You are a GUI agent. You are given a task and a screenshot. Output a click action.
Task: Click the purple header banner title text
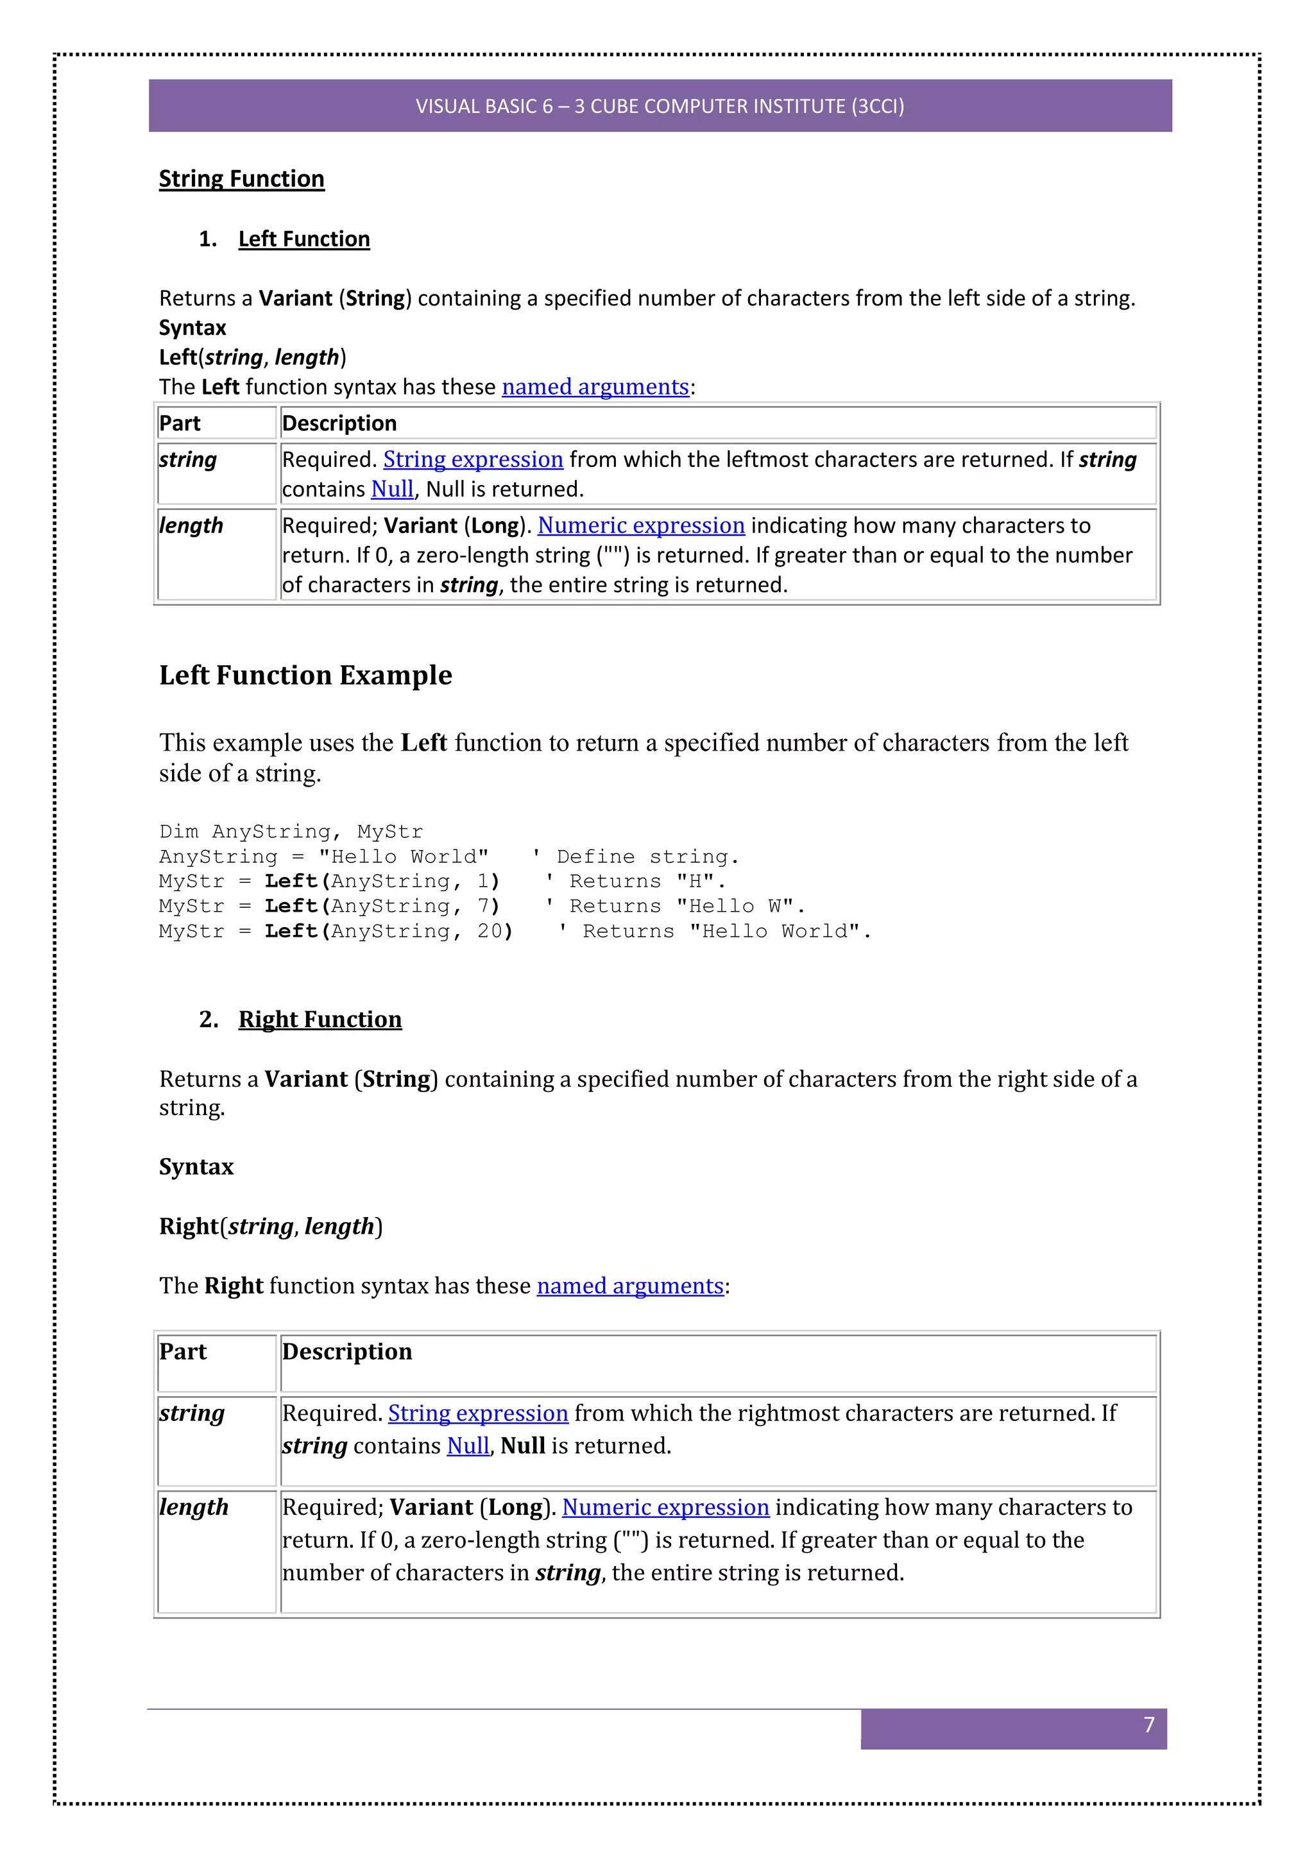click(660, 106)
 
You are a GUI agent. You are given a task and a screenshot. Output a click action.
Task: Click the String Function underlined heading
click(241, 179)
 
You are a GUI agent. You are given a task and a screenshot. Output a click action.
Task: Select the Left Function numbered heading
click(303, 239)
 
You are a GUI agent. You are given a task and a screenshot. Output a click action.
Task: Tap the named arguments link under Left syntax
click(595, 387)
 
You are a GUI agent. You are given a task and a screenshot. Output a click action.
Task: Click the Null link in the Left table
click(393, 490)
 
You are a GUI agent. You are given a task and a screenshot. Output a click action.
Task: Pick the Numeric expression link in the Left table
click(641, 526)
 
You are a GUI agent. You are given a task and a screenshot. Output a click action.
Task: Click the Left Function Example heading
click(305, 676)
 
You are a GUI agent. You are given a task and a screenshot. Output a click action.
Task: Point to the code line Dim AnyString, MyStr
click(291, 832)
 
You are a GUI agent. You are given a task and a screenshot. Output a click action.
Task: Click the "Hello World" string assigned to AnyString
click(403, 857)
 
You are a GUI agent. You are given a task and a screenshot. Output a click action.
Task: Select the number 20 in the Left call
click(490, 932)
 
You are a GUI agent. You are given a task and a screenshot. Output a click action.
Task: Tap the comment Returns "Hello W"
click(687, 907)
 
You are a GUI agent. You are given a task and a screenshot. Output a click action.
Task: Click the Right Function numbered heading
click(320, 1019)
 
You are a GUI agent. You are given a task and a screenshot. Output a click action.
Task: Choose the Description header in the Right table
click(346, 1352)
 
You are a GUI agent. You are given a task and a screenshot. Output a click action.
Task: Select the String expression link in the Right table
click(477, 1414)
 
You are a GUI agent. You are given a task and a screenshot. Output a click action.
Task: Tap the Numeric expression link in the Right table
click(665, 1508)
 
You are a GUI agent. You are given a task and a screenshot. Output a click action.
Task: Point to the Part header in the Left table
click(180, 424)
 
